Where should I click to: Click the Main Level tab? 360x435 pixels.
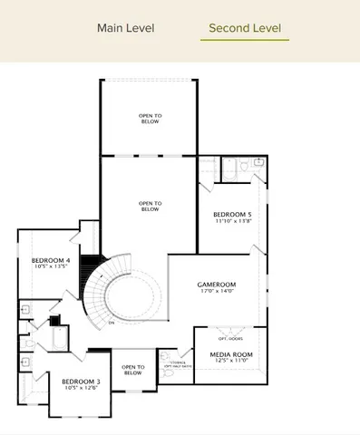(125, 28)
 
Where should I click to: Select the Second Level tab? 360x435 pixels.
(244, 28)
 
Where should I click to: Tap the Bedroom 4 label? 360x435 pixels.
(44, 260)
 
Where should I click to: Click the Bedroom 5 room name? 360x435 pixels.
(232, 214)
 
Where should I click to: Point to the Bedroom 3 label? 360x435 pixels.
(81, 382)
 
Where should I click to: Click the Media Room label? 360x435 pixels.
(231, 354)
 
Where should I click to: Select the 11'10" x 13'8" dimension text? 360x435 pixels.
(232, 221)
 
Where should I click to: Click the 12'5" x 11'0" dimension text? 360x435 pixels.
(231, 362)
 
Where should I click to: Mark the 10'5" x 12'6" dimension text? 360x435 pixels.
(81, 389)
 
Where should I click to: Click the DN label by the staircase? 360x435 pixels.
(111, 323)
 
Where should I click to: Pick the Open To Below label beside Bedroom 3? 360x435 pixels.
(132, 369)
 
